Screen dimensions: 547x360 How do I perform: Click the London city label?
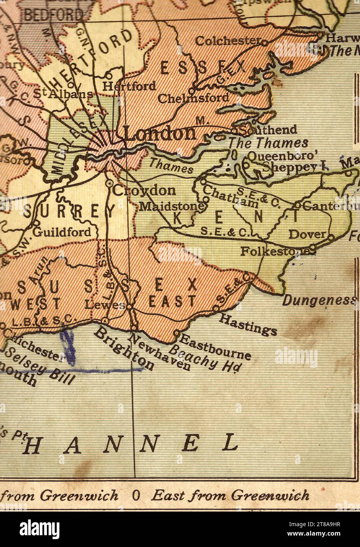tap(160, 134)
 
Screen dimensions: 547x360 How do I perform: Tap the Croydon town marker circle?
tap(109, 184)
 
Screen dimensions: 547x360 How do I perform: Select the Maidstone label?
tap(172, 206)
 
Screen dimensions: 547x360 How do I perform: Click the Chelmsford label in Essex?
tap(192, 98)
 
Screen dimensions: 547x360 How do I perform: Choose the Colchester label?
tap(228, 41)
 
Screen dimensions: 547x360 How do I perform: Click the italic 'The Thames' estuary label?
tap(268, 143)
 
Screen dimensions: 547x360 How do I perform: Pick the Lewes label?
tap(105, 305)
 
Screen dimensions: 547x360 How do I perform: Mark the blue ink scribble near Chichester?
tap(69, 346)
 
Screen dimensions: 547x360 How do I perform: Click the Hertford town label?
tap(129, 85)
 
